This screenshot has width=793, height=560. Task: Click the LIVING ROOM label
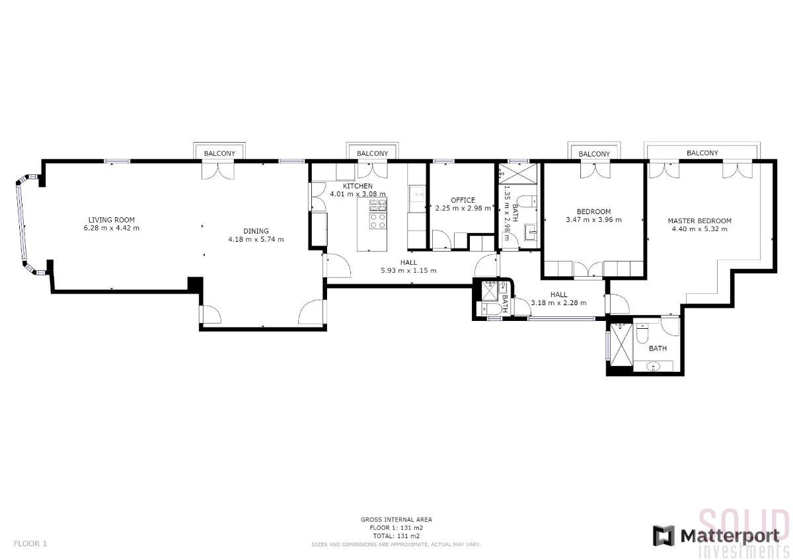[112, 220]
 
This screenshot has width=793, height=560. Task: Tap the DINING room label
[256, 231]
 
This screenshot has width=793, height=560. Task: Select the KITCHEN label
[358, 186]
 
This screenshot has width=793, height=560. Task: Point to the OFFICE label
[463, 200]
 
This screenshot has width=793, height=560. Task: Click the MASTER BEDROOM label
[700, 221]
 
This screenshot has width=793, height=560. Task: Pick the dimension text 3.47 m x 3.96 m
[593, 220]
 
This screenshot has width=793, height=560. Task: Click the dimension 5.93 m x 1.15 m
[408, 271]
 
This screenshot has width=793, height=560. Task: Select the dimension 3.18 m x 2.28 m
[559, 303]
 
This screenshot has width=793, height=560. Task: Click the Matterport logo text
[730, 536]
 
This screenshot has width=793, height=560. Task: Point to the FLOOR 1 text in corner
[30, 543]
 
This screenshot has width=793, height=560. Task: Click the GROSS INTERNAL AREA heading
[397, 519]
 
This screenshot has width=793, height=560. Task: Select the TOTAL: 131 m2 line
[397, 536]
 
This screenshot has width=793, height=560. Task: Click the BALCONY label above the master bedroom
[702, 153]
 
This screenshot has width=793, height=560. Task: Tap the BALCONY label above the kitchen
[373, 153]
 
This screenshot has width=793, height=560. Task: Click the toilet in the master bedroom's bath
[642, 334]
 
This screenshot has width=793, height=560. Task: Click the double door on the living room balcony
[218, 171]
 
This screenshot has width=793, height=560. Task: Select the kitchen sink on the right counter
[418, 194]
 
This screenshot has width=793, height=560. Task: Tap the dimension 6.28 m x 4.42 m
[112, 228]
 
